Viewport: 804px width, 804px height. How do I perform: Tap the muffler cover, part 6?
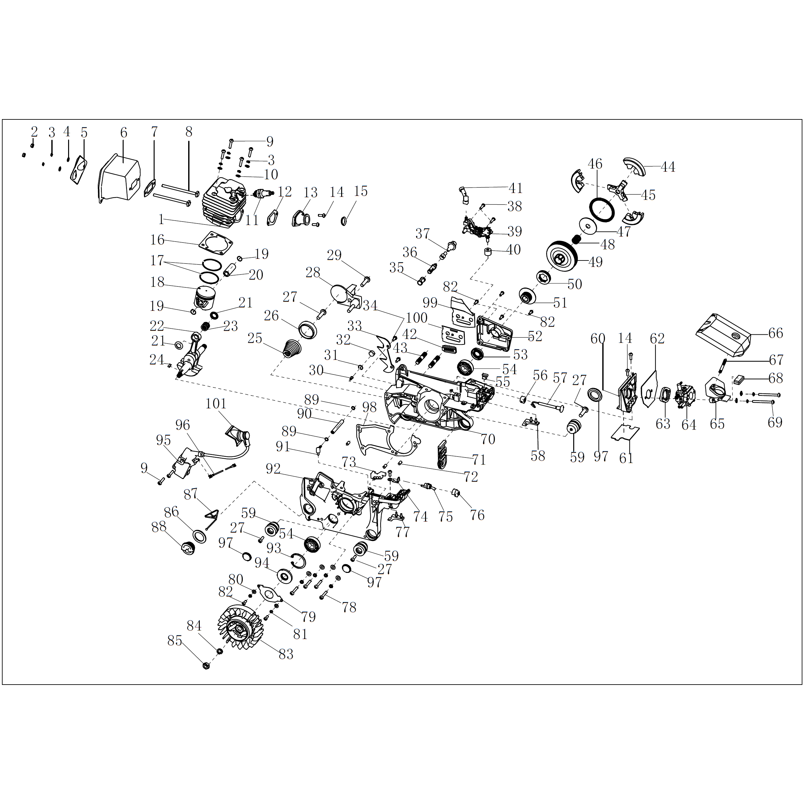click(x=120, y=178)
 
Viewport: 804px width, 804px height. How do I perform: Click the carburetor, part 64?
click(x=686, y=394)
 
